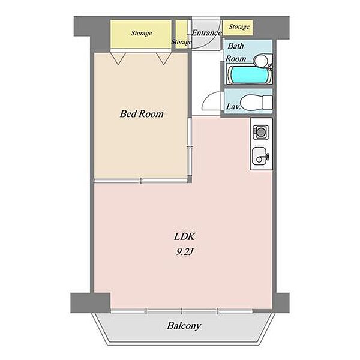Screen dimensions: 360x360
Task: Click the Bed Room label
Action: click(142, 114)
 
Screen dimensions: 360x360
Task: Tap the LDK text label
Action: click(184, 236)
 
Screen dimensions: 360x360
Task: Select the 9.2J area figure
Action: click(185, 252)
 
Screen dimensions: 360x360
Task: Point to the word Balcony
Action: click(184, 326)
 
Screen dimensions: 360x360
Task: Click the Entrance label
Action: click(206, 33)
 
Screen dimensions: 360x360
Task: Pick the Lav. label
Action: click(233, 107)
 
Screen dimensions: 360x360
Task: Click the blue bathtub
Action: click(249, 74)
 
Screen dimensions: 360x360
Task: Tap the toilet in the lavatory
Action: click(256, 103)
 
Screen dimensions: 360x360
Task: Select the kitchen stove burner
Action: click(260, 132)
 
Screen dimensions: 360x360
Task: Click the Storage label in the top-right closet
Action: click(239, 27)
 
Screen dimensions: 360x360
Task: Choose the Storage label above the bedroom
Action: click(141, 33)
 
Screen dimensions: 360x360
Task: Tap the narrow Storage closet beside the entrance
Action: click(181, 34)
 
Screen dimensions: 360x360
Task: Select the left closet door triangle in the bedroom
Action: click(118, 58)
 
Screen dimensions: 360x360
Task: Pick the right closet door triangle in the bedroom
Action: click(163, 58)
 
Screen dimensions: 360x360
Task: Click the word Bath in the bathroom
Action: click(236, 46)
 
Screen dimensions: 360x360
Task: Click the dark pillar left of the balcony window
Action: click(91, 303)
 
